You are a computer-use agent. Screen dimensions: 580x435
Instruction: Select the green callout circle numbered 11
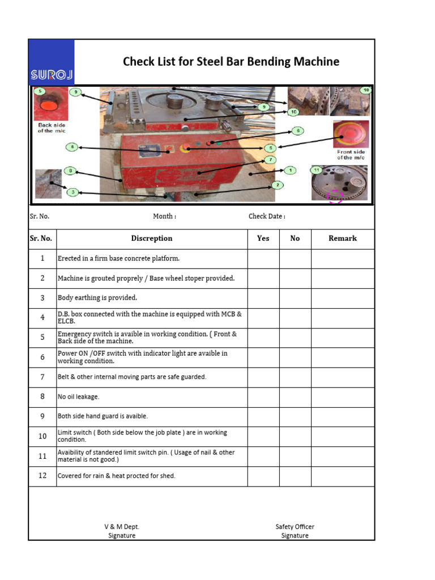pos(317,170)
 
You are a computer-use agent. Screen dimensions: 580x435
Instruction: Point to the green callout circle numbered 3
pos(72,193)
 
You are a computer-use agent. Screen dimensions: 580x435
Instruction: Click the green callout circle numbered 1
pos(290,170)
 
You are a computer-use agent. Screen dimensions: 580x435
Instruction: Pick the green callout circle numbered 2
pos(278,185)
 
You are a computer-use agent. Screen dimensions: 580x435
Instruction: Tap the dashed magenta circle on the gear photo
pos(335,197)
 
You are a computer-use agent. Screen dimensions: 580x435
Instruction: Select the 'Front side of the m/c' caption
pos(351,155)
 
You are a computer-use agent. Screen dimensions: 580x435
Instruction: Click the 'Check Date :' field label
pos(267,216)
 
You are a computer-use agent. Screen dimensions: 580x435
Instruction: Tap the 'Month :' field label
pos(164,216)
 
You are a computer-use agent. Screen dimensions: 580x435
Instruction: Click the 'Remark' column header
pos(343,238)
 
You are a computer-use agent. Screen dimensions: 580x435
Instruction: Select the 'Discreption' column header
pos(152,238)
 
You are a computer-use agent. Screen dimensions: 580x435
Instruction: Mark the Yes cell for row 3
pos(263,298)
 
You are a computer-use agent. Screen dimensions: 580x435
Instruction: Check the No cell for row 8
pos(295,397)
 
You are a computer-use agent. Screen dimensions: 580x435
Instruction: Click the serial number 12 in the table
pos(42,476)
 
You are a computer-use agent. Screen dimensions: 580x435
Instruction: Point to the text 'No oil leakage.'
pos(78,397)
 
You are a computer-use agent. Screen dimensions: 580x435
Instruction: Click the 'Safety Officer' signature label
pos(295,527)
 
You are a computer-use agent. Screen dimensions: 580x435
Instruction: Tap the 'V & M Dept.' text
pos(122,527)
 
